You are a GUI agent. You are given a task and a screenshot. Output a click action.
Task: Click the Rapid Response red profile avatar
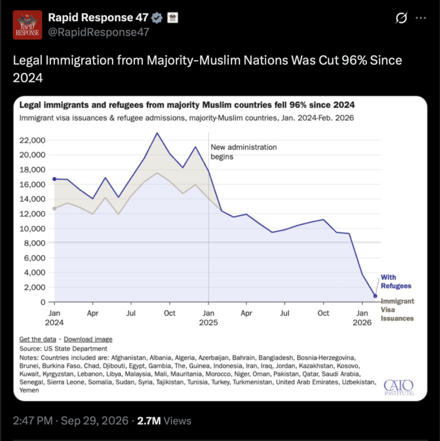[27, 25]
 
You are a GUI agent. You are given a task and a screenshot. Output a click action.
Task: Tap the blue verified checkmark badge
[157, 18]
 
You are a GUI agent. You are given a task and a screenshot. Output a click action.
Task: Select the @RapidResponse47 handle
[99, 33]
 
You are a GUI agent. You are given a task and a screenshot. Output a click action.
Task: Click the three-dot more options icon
[421, 18]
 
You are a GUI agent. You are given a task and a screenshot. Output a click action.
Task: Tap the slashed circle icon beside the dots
[401, 18]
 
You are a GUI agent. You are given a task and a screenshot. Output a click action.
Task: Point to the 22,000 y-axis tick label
[33, 140]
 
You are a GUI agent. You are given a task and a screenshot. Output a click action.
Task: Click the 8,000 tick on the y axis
[34, 243]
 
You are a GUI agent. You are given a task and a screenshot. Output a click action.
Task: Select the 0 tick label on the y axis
[43, 302]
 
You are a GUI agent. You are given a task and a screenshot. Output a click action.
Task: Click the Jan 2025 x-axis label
[209, 317]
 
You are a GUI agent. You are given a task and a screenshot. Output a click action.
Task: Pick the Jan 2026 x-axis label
[362, 317]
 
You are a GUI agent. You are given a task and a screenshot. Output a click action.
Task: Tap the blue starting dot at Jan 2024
[54, 179]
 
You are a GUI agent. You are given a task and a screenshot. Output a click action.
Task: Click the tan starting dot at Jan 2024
[54, 209]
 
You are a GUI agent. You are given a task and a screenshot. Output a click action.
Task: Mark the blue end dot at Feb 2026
[375, 296]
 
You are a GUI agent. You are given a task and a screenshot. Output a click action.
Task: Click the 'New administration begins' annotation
[243, 152]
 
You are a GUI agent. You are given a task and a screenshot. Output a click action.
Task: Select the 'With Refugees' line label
[396, 281]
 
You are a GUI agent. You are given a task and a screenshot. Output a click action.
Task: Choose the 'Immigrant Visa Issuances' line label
[397, 309]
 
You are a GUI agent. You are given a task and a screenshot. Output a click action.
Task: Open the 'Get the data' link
[38, 339]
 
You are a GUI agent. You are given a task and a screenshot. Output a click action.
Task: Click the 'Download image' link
[88, 339]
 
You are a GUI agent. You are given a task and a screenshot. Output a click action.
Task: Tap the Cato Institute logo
[399, 387]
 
